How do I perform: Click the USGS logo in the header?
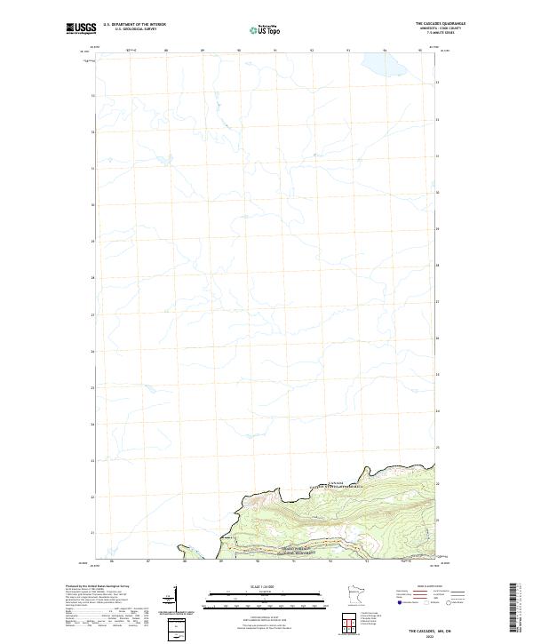click(81, 29)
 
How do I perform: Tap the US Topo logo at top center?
click(267, 29)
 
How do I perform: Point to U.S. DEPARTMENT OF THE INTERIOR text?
click(134, 25)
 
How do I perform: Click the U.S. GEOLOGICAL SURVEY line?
click(134, 29)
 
